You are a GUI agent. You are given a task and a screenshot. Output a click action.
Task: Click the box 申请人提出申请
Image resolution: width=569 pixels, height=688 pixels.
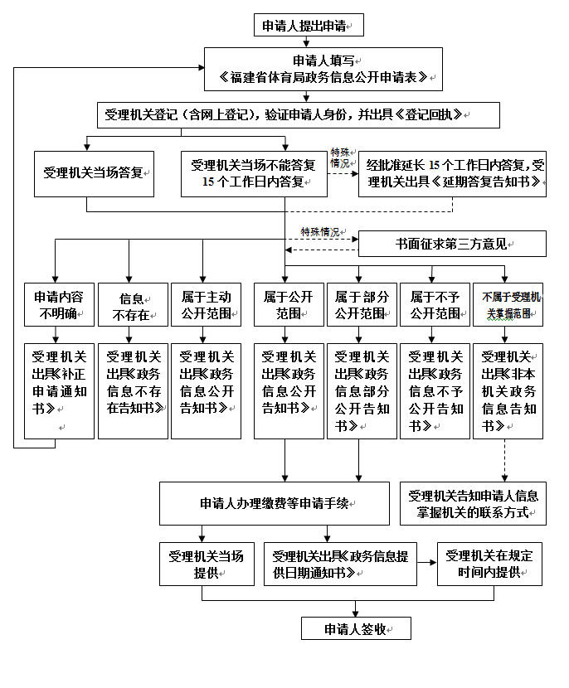[x=309, y=26]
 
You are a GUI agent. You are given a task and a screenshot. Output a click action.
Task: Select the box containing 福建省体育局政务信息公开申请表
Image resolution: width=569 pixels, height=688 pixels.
[x=323, y=69]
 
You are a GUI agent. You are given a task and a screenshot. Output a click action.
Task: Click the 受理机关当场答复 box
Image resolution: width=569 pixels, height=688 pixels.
[x=95, y=174]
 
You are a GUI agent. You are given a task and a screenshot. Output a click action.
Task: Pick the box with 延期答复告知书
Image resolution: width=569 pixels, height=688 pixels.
[x=453, y=174]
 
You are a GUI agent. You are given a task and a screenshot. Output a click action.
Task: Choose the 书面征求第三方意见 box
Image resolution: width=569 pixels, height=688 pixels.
[x=453, y=245]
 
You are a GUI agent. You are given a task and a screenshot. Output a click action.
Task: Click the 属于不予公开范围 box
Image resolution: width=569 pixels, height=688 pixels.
[x=435, y=304]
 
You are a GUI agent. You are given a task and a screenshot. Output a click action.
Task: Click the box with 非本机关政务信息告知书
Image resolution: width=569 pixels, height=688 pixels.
[x=508, y=390]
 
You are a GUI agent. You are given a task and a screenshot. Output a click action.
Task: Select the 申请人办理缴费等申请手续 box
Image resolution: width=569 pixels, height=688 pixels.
[x=275, y=503]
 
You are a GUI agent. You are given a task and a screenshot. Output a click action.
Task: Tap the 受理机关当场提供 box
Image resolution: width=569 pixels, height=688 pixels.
[x=207, y=564]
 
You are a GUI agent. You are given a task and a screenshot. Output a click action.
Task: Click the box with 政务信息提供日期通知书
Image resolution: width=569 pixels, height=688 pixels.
[x=340, y=564]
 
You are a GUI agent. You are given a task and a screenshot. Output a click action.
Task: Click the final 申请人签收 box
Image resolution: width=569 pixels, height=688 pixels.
[x=356, y=628]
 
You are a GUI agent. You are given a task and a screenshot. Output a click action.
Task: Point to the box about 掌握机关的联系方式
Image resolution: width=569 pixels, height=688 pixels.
[x=473, y=503]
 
